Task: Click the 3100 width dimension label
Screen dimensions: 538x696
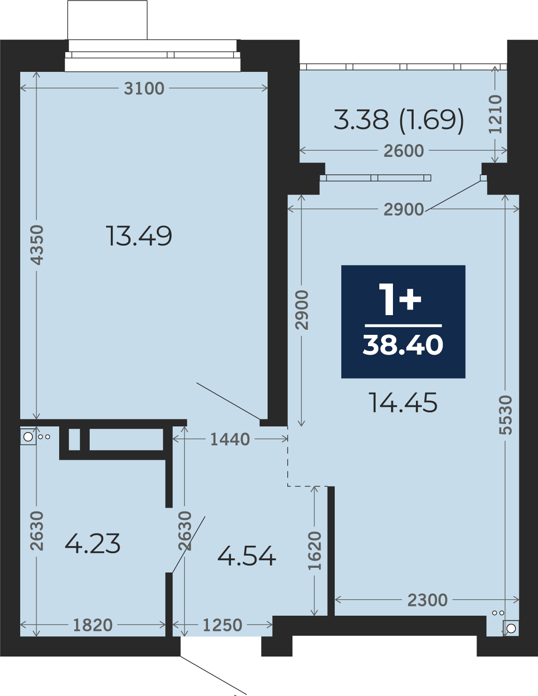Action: pos(144,88)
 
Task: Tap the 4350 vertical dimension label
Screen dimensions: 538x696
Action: pos(37,245)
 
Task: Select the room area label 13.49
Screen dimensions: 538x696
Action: pos(139,236)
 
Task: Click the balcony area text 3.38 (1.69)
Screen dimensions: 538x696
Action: pos(399,120)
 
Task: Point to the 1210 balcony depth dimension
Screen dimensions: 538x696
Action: pos(495,114)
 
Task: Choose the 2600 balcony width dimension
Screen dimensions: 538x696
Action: pos(404,151)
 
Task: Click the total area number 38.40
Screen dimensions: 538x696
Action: pos(403,345)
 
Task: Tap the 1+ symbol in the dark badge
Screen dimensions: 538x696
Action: pos(400,300)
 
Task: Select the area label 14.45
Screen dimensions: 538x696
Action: pos(403,402)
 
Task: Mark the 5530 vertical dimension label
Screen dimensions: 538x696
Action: pos(506,415)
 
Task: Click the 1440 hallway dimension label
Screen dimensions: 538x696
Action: pos(230,440)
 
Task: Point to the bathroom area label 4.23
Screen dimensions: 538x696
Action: pos(92,543)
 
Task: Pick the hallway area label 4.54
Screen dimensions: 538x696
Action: pos(246,556)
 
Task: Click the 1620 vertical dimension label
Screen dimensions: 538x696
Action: pos(315,550)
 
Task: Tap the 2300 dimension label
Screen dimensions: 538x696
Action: pos(427,600)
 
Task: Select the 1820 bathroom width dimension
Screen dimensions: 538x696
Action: pos(93,625)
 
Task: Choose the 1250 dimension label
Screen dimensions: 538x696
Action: pos(223,625)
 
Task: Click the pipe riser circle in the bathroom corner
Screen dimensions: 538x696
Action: pos(28,437)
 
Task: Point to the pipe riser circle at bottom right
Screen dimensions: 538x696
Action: pos(511,628)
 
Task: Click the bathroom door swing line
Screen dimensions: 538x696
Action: pos(189,544)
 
